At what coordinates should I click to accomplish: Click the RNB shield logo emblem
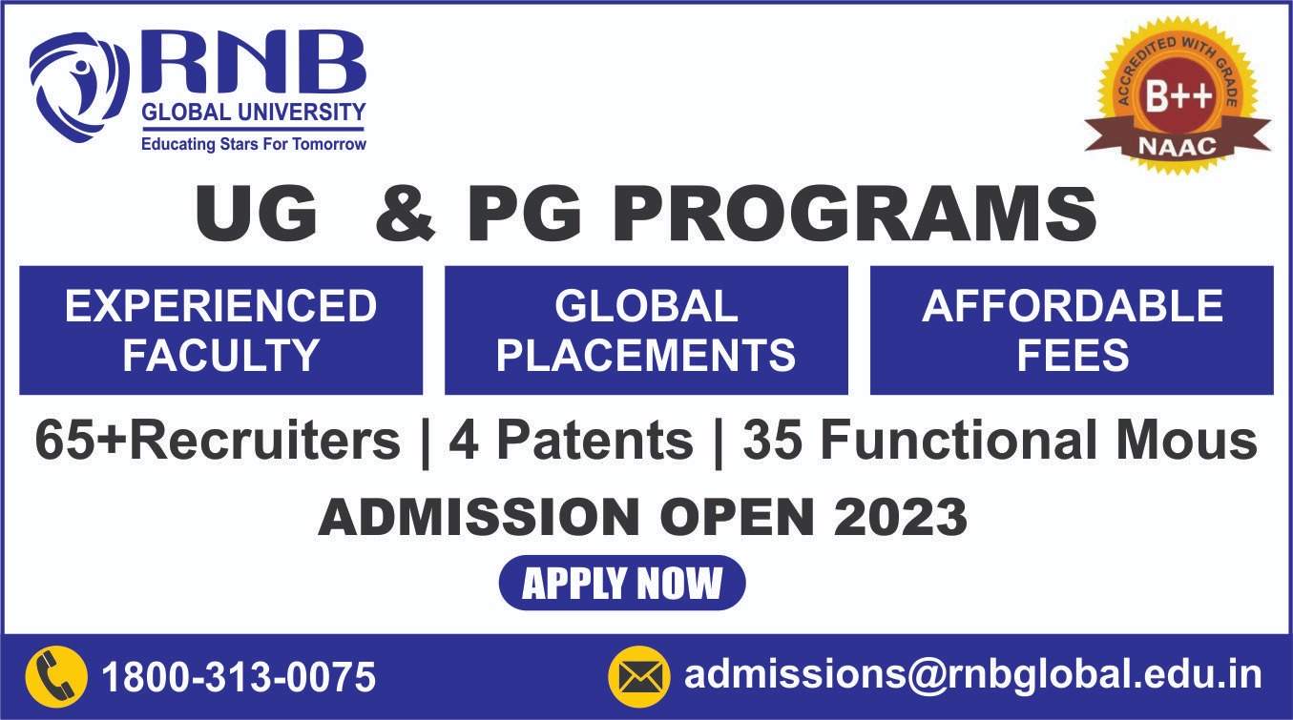click(79, 87)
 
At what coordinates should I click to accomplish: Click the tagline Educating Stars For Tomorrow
click(254, 144)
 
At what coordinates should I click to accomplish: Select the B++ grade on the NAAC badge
click(1178, 95)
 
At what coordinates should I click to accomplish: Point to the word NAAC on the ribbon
click(1178, 146)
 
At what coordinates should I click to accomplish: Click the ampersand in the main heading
click(406, 215)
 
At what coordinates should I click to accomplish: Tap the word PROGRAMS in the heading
click(854, 214)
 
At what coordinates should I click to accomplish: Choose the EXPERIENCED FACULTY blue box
click(221, 330)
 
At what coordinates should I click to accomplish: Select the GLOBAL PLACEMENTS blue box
click(646, 330)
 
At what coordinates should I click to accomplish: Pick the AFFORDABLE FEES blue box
click(1072, 330)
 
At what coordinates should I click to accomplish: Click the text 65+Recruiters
click(218, 441)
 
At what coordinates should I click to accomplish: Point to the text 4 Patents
click(571, 441)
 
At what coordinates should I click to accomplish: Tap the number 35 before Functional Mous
click(772, 441)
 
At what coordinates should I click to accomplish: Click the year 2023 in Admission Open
click(901, 517)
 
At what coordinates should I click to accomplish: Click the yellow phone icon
click(56, 677)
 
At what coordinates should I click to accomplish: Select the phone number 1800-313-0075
click(239, 677)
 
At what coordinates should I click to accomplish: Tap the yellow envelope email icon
click(639, 677)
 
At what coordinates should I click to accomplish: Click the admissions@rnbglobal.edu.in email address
click(973, 675)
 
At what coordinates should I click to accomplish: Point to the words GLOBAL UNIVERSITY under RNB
click(254, 112)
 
